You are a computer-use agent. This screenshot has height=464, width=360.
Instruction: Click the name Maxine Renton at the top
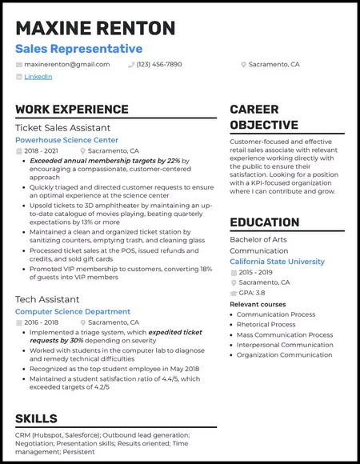95,29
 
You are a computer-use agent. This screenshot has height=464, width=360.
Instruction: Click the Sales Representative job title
78,49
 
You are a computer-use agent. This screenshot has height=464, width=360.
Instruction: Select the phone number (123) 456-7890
159,64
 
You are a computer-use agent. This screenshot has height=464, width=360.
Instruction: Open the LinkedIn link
38,77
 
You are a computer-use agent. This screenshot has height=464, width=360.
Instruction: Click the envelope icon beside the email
19,64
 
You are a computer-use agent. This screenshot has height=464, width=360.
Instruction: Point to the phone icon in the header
131,64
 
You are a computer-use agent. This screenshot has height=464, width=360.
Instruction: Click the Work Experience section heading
71,110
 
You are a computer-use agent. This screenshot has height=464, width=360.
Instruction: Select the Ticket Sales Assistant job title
62,128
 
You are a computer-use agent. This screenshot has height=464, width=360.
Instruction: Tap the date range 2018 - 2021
42,150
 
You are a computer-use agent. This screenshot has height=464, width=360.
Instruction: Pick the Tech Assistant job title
46,298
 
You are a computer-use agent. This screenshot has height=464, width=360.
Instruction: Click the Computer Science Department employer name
73,311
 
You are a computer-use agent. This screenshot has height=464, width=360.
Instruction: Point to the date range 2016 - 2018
42,322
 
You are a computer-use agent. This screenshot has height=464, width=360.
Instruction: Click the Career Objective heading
264,118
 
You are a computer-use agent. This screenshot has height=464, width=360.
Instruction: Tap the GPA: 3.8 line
254,293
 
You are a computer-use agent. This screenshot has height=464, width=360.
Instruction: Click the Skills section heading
36,418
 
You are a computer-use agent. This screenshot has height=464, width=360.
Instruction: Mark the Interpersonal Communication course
285,345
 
